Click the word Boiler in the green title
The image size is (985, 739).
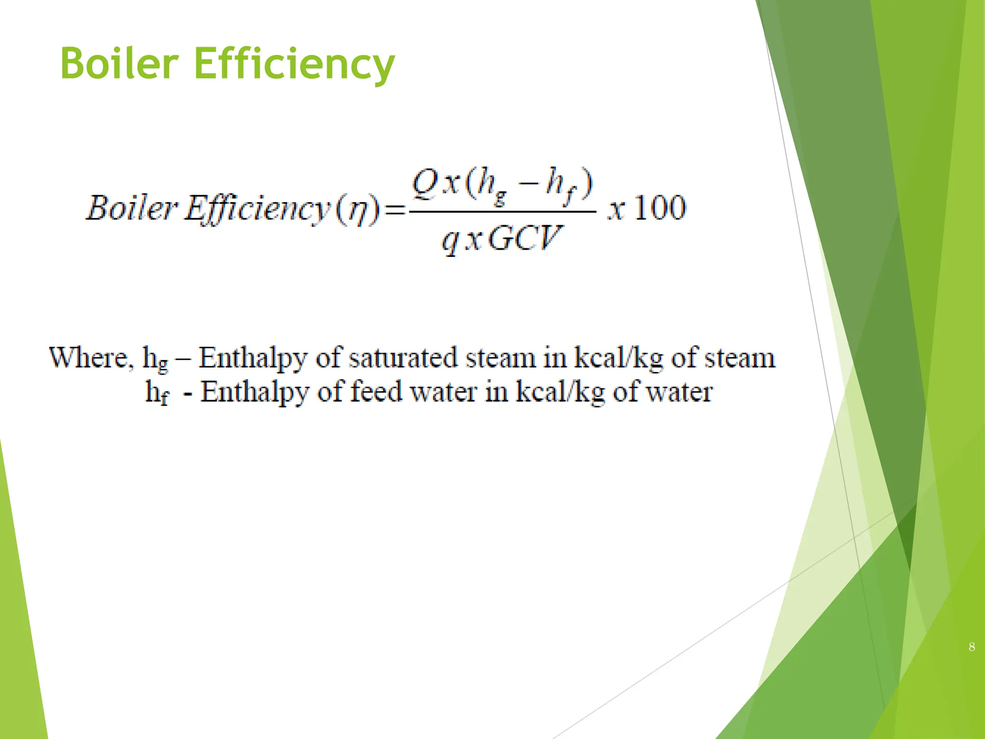pyautogui.click(x=120, y=64)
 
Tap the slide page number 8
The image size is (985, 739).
pyautogui.click(x=972, y=647)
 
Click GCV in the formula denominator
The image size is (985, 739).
pyautogui.click(x=525, y=238)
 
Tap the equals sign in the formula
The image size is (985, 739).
pyautogui.click(x=395, y=211)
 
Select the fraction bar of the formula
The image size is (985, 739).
pyautogui.click(x=503, y=211)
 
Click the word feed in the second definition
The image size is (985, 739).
pyautogui.click(x=376, y=392)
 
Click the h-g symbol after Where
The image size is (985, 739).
pyautogui.click(x=155, y=360)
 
